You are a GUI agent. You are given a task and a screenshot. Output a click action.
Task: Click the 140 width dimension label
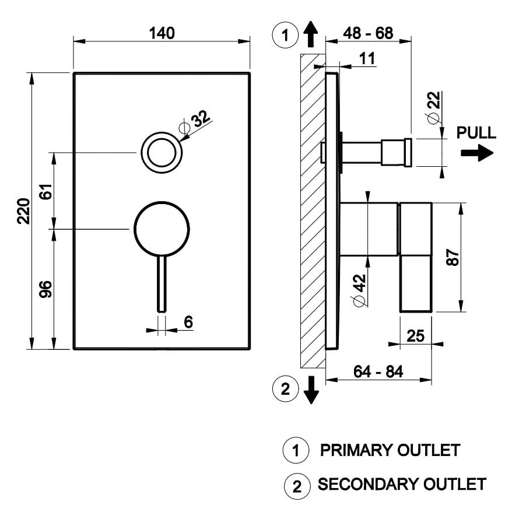pyautogui.click(x=162, y=33)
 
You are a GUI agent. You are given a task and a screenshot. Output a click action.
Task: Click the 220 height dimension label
pyautogui.click(x=23, y=211)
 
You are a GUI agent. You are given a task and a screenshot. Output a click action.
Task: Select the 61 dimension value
pyautogui.click(x=47, y=191)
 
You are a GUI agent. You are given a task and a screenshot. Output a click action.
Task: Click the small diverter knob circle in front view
pyautogui.click(x=162, y=153)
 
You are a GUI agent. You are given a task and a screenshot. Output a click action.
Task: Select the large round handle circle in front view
pyautogui.click(x=162, y=229)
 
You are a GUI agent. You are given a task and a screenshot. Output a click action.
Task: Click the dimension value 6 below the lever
pyautogui.click(x=188, y=321)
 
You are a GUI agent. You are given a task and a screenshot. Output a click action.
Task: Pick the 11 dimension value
pyautogui.click(x=367, y=58)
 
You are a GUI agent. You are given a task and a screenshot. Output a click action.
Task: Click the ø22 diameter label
pyautogui.click(x=434, y=108)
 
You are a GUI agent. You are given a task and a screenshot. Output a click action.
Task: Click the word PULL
pyautogui.click(x=476, y=133)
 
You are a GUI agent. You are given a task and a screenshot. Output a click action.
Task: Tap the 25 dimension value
pyautogui.click(x=416, y=336)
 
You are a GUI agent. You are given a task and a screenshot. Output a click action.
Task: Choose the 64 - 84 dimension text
pyautogui.click(x=378, y=371)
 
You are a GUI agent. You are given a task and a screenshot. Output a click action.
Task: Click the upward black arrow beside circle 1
pyautogui.click(x=311, y=34)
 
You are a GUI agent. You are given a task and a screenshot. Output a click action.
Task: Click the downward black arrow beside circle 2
pyautogui.click(x=312, y=389)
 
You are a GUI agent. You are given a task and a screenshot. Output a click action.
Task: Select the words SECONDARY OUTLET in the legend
pyautogui.click(x=402, y=484)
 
